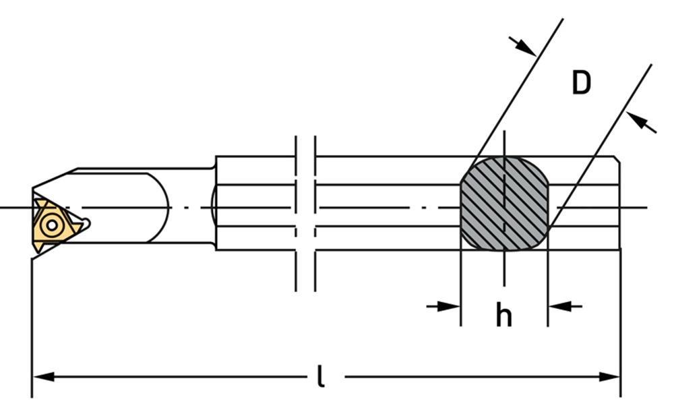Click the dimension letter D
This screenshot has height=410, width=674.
click(x=581, y=82)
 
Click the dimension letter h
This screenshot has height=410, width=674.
click(x=503, y=315)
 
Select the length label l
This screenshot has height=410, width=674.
click(x=320, y=376)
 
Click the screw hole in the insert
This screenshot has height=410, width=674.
click(x=52, y=225)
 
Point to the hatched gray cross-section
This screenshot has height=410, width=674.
click(x=504, y=203)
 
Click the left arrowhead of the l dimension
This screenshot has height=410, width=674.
click(x=44, y=377)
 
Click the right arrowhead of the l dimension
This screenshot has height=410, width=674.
click(x=609, y=377)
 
